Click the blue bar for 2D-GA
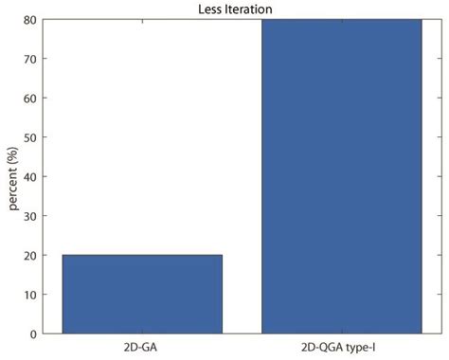142,294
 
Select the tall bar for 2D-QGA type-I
341,176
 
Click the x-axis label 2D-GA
142,348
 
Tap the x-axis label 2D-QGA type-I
341,348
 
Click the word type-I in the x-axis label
364,348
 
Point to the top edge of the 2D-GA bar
142,255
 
